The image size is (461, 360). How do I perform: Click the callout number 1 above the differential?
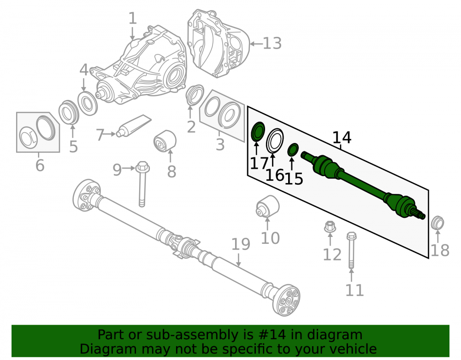pyautogui.click(x=133, y=18)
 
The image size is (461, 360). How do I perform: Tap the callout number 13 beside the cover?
pyautogui.click(x=272, y=43)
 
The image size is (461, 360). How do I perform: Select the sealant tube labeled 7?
pyautogui.click(x=134, y=126)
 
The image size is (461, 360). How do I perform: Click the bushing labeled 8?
pyautogui.click(x=165, y=142)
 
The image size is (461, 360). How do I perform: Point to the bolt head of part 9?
pyautogui.click(x=142, y=167)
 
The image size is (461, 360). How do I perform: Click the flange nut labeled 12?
pyautogui.click(x=330, y=226)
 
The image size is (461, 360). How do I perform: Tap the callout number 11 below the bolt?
pyautogui.click(x=355, y=290)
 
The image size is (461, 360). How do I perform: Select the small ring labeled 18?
pyautogui.click(x=437, y=223)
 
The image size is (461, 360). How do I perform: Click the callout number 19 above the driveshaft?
pyautogui.click(x=241, y=244)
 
